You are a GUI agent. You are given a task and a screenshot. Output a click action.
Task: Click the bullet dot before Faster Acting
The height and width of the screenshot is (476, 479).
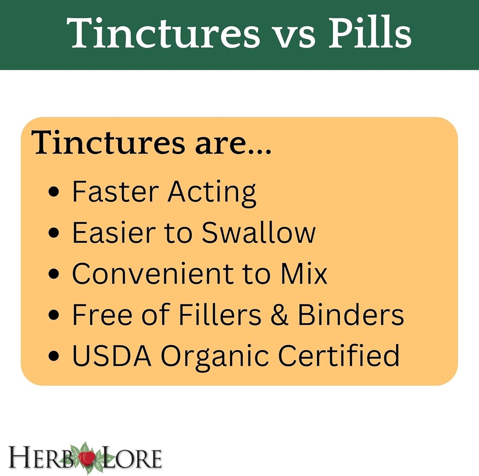point(55,192)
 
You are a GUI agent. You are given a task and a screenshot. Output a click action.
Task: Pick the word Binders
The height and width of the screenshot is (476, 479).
point(351,315)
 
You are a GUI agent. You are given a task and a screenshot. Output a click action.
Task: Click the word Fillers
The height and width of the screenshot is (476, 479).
point(219,315)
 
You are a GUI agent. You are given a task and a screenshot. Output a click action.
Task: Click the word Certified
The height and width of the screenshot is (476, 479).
point(339,355)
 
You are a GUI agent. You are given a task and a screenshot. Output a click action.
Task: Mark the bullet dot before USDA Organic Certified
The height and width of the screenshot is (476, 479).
point(55,356)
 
